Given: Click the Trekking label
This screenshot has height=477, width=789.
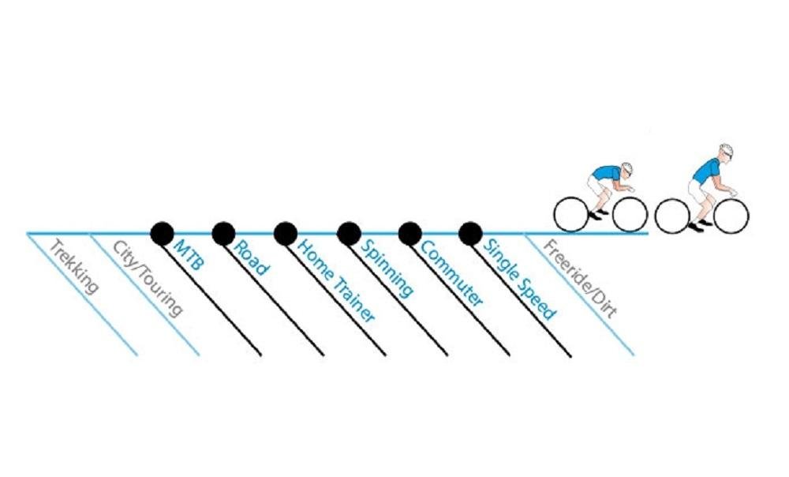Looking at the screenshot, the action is [x=75, y=267].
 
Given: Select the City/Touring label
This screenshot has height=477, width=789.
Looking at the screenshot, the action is [x=147, y=279].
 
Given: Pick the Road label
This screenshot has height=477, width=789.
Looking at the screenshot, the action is [x=251, y=258].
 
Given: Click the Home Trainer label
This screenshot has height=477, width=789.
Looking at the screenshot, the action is [x=336, y=280].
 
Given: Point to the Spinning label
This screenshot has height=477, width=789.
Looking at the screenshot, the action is [x=387, y=268].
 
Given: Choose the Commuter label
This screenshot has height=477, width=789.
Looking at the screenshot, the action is [x=451, y=273].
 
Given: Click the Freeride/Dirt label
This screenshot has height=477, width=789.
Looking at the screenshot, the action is [x=580, y=279].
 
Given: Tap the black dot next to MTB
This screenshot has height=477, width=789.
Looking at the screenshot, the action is [x=162, y=234].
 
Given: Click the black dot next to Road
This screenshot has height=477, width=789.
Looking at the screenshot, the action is [x=223, y=234].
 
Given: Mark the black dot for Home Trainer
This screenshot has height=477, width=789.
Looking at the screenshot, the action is [x=286, y=234].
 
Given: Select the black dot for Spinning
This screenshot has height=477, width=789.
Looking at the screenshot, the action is [x=349, y=234].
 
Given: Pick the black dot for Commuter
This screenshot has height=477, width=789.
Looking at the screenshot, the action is [x=410, y=234].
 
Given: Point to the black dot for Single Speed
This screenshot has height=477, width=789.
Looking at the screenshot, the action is [x=470, y=234].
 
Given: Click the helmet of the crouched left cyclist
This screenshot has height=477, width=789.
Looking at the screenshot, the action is [x=626, y=168].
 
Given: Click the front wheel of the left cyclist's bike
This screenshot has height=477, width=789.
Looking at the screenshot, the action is [x=630, y=215].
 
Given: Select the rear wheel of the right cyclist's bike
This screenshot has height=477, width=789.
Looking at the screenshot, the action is [x=671, y=216].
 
